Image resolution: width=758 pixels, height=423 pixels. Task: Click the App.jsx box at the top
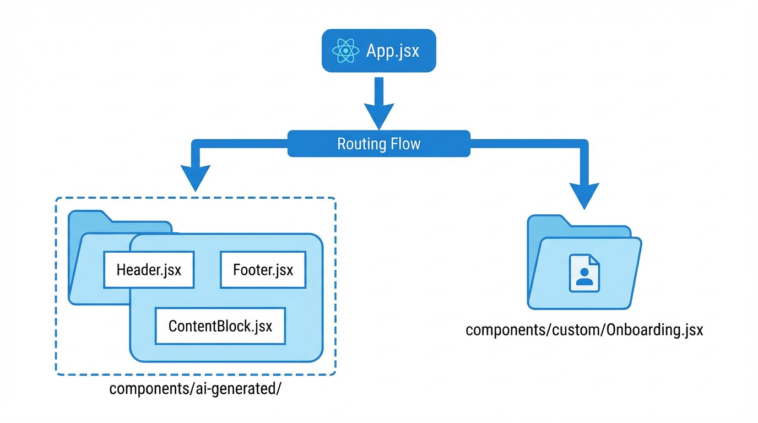pos(378,51)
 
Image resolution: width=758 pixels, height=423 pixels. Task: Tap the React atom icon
pos(346,51)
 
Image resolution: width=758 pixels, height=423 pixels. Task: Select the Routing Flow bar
pos(378,144)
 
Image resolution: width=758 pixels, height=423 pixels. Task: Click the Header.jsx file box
pos(149,270)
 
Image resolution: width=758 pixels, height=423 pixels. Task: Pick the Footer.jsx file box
pos(263,270)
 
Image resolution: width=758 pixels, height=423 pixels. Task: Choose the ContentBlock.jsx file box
pos(220,326)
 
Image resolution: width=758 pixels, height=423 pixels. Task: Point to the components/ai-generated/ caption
pos(195,388)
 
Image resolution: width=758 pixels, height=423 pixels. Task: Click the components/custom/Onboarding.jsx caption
pos(584,330)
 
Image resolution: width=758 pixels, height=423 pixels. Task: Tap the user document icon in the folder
pos(584,273)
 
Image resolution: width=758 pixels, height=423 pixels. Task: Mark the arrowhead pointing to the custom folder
pos(584,196)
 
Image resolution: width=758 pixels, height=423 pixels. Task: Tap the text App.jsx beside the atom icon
pos(392,51)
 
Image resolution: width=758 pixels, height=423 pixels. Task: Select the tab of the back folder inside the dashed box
pos(88,217)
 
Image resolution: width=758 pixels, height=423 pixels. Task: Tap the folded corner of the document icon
pos(594,259)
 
